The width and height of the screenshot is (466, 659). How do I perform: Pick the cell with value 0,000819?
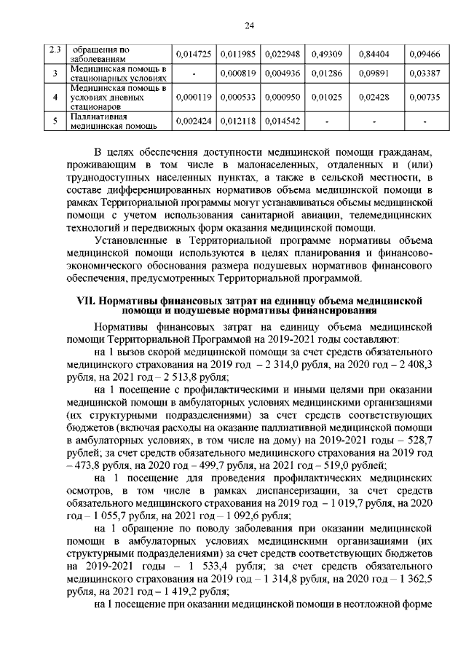click(239, 74)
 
